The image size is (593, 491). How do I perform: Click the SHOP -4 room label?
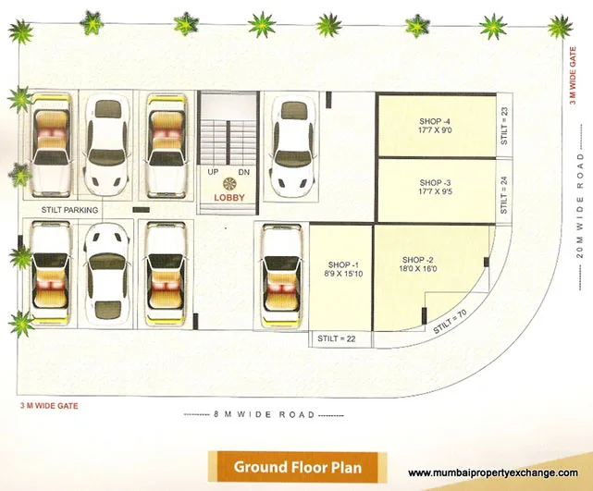pyautogui.click(x=434, y=122)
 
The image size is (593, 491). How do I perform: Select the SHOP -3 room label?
pyautogui.click(x=434, y=182)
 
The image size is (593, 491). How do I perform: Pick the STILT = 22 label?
pyautogui.click(x=338, y=339)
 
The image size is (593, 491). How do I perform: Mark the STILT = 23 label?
pyautogui.click(x=504, y=126)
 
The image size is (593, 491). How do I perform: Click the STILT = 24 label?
pyautogui.click(x=504, y=195)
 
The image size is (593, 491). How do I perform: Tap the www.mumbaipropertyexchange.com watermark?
pyautogui.click(x=498, y=473)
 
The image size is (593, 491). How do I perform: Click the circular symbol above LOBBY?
pyautogui.click(x=230, y=184)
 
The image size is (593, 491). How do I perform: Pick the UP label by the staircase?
pyautogui.click(x=213, y=172)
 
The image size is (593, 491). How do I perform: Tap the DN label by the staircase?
pyautogui.click(x=245, y=172)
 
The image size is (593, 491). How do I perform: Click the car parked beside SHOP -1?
pyautogui.click(x=278, y=276)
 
